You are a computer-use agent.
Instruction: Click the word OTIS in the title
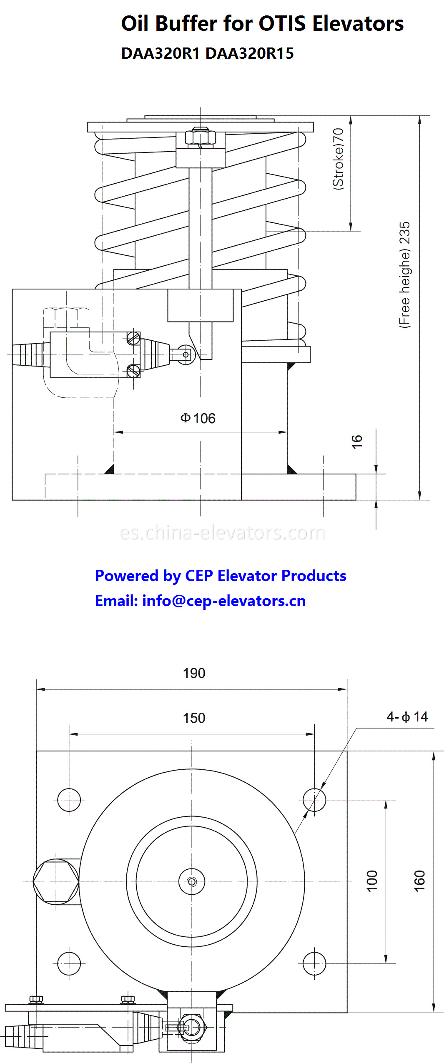283,23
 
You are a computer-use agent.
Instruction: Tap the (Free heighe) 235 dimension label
404,275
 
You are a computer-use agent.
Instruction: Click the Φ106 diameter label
198,418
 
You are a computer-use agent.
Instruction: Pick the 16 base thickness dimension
357,441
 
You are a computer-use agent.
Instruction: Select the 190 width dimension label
194,673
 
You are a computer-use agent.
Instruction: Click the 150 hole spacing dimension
194,718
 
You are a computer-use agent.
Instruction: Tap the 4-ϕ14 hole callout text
407,716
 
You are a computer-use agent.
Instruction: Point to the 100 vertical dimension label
372,881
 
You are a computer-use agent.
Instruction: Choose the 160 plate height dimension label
419,881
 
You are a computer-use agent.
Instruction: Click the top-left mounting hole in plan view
69,800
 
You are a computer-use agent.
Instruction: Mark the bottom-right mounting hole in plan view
314,963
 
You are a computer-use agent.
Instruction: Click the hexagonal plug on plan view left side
56,881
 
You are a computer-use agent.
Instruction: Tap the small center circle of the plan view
192,881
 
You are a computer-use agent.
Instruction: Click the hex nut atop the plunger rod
200,137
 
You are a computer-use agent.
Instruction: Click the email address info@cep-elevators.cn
223,601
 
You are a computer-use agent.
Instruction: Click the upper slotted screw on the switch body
133,338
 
